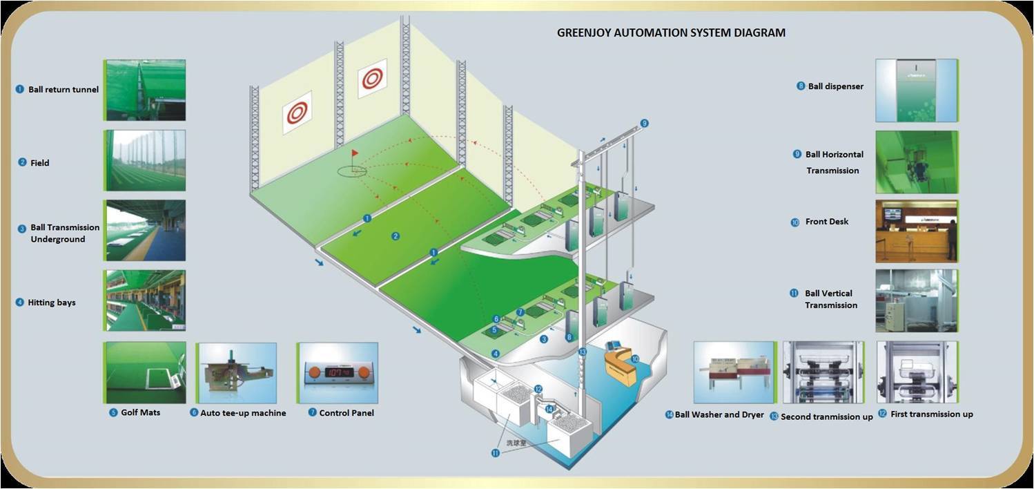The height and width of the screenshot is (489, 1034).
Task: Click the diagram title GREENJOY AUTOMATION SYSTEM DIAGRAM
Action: coord(671,32)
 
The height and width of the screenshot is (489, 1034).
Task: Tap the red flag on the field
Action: coord(355,153)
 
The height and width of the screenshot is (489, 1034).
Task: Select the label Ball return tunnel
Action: coord(63,90)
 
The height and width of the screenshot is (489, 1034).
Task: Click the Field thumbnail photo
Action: coord(145,160)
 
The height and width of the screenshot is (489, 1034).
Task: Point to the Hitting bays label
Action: coord(52,303)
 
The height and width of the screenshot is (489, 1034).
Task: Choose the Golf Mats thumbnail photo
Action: coord(145,372)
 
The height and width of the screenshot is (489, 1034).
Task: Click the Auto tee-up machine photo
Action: coord(236,372)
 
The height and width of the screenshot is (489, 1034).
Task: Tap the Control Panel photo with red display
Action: coord(338,372)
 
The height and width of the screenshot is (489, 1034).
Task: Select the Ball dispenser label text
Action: coord(835,86)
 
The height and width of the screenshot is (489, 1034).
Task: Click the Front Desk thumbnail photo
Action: coord(916,231)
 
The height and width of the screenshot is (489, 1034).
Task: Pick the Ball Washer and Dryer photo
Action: coord(734,372)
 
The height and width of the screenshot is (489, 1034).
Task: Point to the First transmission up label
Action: coord(931,414)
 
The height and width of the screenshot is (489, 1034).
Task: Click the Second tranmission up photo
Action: coord(823,372)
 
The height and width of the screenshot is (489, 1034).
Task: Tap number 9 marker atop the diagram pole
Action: coord(644,124)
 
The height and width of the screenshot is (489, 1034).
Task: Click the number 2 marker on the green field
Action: coord(396,236)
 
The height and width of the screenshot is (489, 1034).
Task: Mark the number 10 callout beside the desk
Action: coord(635,358)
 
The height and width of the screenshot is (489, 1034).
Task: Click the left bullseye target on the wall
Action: coord(297,112)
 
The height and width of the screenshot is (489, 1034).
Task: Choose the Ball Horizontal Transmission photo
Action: coord(916,162)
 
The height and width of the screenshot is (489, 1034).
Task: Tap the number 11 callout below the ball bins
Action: coord(495,453)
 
